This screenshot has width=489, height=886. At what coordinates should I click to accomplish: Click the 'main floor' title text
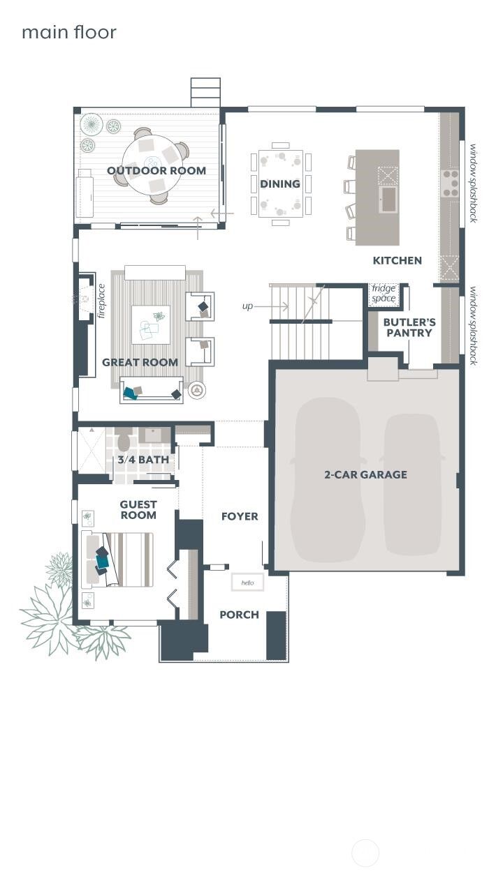click(x=68, y=32)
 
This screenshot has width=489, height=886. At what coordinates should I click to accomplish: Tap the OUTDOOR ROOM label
click(x=156, y=170)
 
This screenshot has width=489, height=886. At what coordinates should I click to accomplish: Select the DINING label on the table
click(x=280, y=183)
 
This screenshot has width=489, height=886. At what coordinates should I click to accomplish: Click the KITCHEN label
click(x=397, y=260)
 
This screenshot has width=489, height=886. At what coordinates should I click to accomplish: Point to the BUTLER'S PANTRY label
click(x=409, y=327)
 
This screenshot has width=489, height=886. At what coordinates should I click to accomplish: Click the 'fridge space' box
click(x=384, y=294)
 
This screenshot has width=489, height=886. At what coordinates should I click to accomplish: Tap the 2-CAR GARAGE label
click(x=365, y=474)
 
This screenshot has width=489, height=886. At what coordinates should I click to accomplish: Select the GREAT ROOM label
click(x=140, y=362)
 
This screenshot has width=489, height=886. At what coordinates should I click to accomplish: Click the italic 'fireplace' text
click(x=101, y=300)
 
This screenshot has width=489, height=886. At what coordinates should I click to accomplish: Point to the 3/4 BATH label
click(x=143, y=460)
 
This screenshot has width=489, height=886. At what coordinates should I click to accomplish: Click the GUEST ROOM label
click(x=138, y=509)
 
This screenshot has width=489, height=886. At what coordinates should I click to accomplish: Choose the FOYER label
click(x=240, y=516)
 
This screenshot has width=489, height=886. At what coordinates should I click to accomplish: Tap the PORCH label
click(x=239, y=615)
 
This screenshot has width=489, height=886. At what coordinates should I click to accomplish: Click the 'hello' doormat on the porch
click(x=248, y=583)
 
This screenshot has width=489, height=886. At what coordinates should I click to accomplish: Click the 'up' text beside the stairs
click(x=247, y=306)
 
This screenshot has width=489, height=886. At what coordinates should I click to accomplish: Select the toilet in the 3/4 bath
click(x=124, y=441)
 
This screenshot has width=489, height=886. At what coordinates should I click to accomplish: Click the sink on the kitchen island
click(x=388, y=198)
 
